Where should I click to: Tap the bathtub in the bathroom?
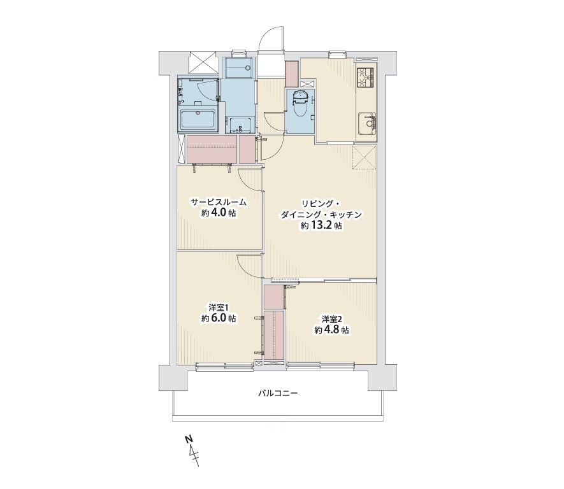tap(198, 119)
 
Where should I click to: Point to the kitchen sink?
tap(367, 124)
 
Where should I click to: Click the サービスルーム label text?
tap(219, 202)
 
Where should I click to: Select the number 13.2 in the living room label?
tap(321, 226)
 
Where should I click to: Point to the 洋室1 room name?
tap(219, 308)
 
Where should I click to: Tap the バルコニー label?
tap(278, 393)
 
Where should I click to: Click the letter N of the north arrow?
tap(188, 439)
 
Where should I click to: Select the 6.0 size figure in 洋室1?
tap(219, 318)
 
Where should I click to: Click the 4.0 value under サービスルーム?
tap(219, 213)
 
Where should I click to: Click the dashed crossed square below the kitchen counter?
tap(365, 157)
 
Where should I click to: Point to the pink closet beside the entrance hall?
tap(291, 74)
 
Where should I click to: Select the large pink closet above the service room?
tap(212, 149)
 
